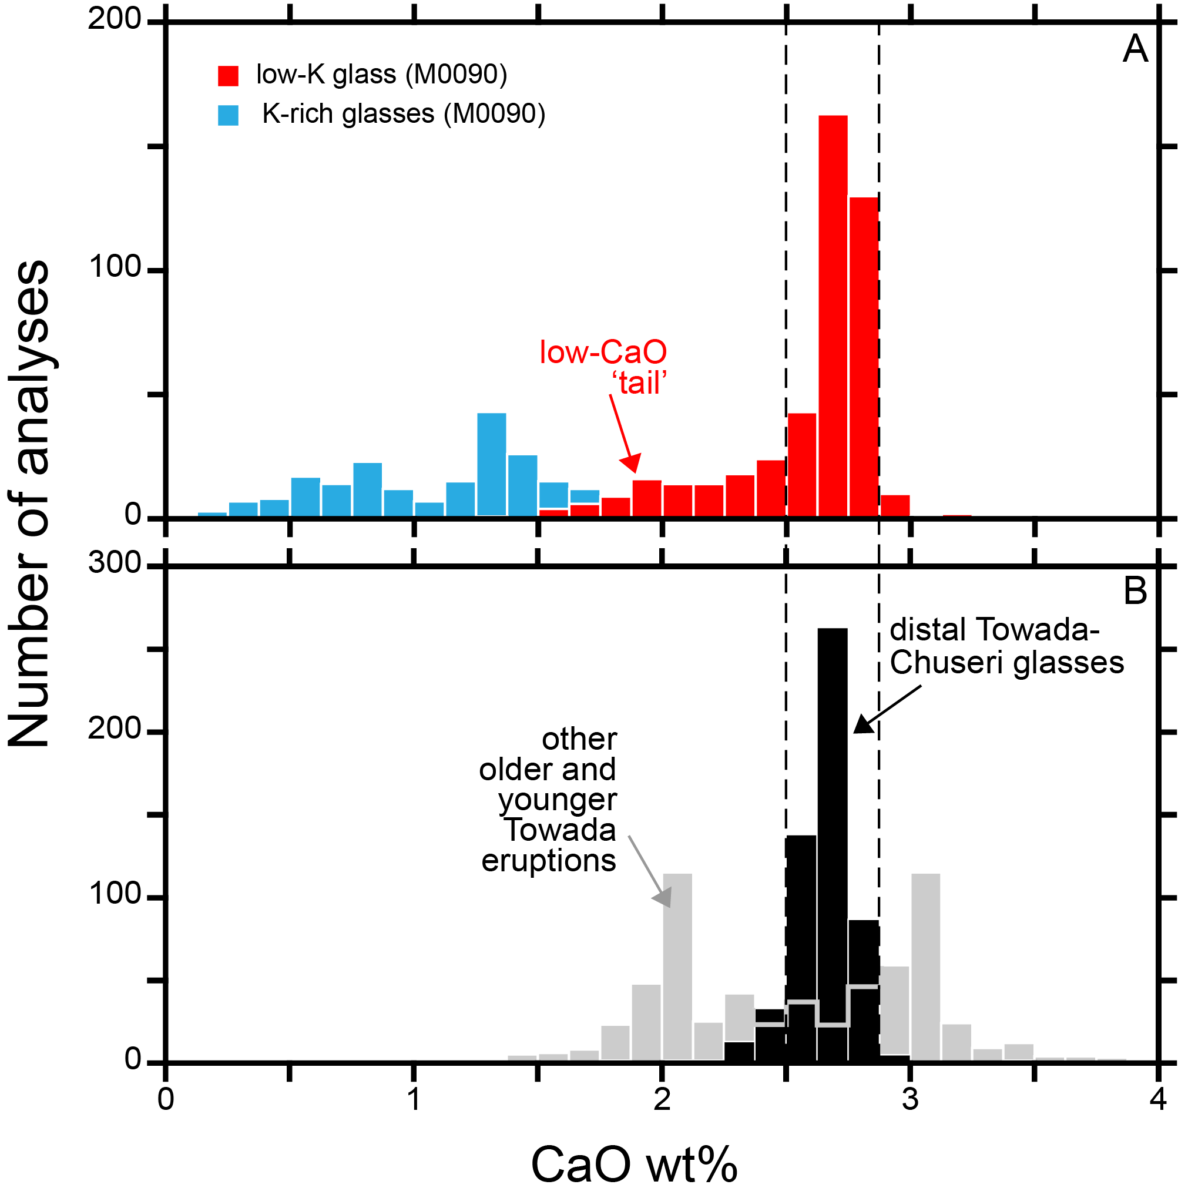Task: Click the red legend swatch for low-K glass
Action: (229, 75)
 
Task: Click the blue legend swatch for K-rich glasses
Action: (229, 115)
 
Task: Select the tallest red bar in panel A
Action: (833, 316)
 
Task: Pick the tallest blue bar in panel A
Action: (492, 464)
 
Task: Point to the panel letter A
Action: (1135, 49)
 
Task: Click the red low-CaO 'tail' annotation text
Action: (603, 368)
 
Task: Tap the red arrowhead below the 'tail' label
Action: (631, 464)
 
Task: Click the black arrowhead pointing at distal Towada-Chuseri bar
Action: (864, 724)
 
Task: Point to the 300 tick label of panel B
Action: (115, 563)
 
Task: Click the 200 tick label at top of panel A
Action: (115, 19)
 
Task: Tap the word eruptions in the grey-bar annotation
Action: (549, 861)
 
